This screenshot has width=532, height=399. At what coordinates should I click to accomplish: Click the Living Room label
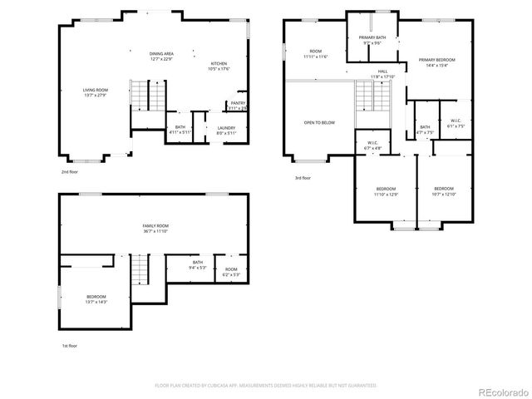[95, 92]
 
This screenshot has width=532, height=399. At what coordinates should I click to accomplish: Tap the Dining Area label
[162, 56]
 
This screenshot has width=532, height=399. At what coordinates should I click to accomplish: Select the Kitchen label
[219, 66]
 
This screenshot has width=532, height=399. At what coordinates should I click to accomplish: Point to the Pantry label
[238, 106]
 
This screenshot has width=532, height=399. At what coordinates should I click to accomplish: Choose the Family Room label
[155, 229]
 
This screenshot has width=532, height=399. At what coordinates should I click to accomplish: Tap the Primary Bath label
[371, 41]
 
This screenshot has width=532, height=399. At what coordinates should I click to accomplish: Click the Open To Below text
[318, 122]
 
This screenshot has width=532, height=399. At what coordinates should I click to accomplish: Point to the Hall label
[382, 74]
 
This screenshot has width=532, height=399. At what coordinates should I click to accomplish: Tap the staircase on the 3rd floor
[372, 100]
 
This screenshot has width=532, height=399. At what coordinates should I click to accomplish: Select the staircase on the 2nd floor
[147, 96]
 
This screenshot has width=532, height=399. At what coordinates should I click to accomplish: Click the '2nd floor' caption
[69, 171]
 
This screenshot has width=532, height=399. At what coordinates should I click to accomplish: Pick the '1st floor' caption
[70, 345]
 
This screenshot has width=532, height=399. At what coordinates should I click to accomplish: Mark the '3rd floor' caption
[303, 178]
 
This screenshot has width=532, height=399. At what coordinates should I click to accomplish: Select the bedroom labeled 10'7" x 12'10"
[444, 191]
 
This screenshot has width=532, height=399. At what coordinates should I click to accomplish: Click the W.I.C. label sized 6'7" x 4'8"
[373, 145]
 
